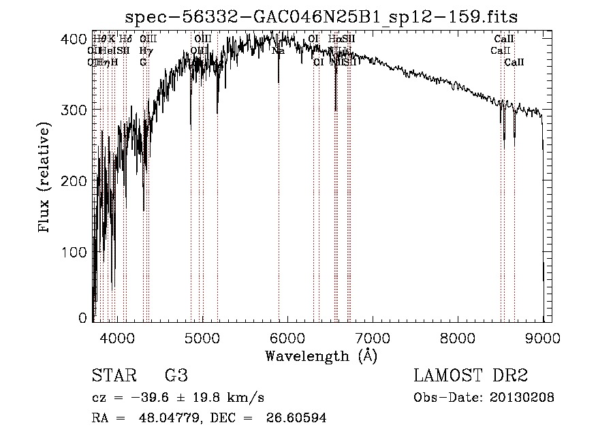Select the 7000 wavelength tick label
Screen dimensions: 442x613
click(x=373, y=336)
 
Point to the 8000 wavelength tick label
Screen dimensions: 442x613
click(x=458, y=336)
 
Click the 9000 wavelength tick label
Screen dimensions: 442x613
click(x=543, y=336)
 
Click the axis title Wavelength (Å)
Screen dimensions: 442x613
click(x=321, y=356)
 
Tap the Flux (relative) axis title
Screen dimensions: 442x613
click(x=46, y=178)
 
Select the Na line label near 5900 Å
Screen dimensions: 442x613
click(x=278, y=50)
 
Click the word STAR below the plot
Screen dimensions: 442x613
click(x=114, y=376)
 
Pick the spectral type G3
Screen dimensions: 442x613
click(x=176, y=376)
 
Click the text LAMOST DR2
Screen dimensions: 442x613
click(x=471, y=376)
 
